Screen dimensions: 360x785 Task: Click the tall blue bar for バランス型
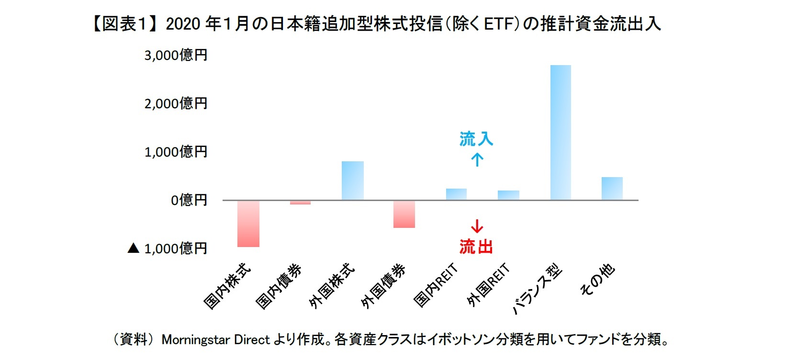click(x=561, y=133)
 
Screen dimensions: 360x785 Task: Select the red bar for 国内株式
click(x=248, y=224)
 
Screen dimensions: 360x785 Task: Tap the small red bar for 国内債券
click(x=300, y=202)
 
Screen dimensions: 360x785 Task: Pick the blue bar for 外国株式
click(x=353, y=180)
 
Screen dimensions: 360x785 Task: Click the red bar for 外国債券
click(x=404, y=214)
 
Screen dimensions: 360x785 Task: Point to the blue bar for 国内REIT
click(x=456, y=194)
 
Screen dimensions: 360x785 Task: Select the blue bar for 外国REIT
click(x=508, y=195)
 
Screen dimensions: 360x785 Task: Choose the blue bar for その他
click(x=612, y=189)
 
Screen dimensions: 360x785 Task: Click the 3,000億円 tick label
click(x=176, y=56)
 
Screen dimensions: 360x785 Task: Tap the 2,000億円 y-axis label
click(x=176, y=103)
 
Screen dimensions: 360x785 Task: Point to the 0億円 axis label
click(x=189, y=200)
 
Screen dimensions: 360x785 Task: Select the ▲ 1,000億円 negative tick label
click(x=168, y=248)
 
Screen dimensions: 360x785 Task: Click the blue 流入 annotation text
click(x=476, y=139)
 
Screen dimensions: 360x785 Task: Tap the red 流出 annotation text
click(x=476, y=247)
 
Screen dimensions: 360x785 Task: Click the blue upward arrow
click(x=477, y=159)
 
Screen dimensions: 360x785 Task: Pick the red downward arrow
click(x=477, y=226)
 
